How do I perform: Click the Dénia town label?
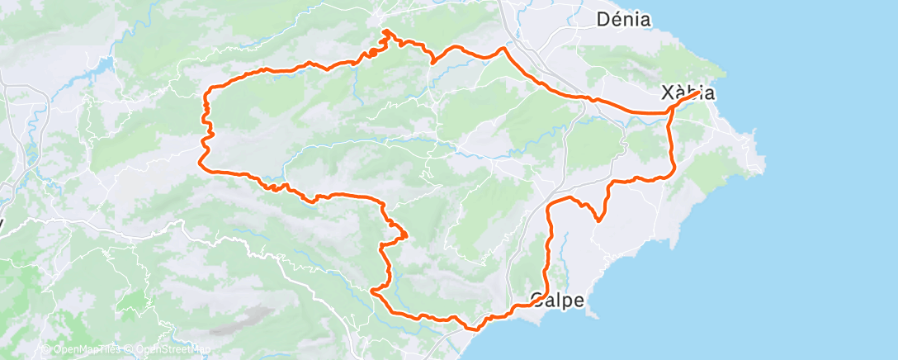click(x=624, y=19)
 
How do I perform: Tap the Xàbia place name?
click(x=688, y=92)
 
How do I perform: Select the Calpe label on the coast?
click(x=558, y=300)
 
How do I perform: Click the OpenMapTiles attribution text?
click(x=86, y=349)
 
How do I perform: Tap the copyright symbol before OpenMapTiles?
click(x=47, y=349)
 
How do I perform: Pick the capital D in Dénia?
click(x=603, y=19)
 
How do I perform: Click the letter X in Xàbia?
click(x=669, y=92)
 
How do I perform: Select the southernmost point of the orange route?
click(x=473, y=329)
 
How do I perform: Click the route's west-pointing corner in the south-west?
click(x=372, y=291)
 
